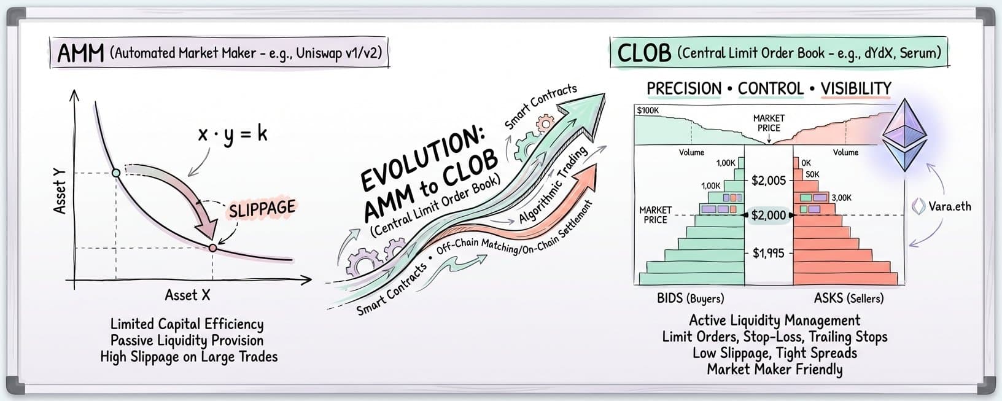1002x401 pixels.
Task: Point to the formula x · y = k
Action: [x=233, y=134]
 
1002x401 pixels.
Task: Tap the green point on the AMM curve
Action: [x=116, y=173]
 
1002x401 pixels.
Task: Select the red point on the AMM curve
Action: [x=212, y=248]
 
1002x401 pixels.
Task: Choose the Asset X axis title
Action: [x=187, y=295]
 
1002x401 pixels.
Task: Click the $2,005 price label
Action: [x=769, y=181]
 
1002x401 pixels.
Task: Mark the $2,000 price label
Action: [x=769, y=215]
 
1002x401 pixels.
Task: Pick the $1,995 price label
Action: [x=769, y=253]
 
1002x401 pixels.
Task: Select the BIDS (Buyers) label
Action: [x=690, y=298]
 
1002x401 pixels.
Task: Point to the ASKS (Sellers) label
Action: [x=849, y=298]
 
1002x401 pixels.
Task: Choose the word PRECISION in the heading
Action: [x=684, y=88]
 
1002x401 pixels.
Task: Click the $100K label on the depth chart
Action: [x=648, y=111]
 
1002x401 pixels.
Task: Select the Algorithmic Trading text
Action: [x=553, y=184]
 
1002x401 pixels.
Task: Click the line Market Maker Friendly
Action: [x=774, y=369]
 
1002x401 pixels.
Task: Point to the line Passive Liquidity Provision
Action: [x=187, y=340]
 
